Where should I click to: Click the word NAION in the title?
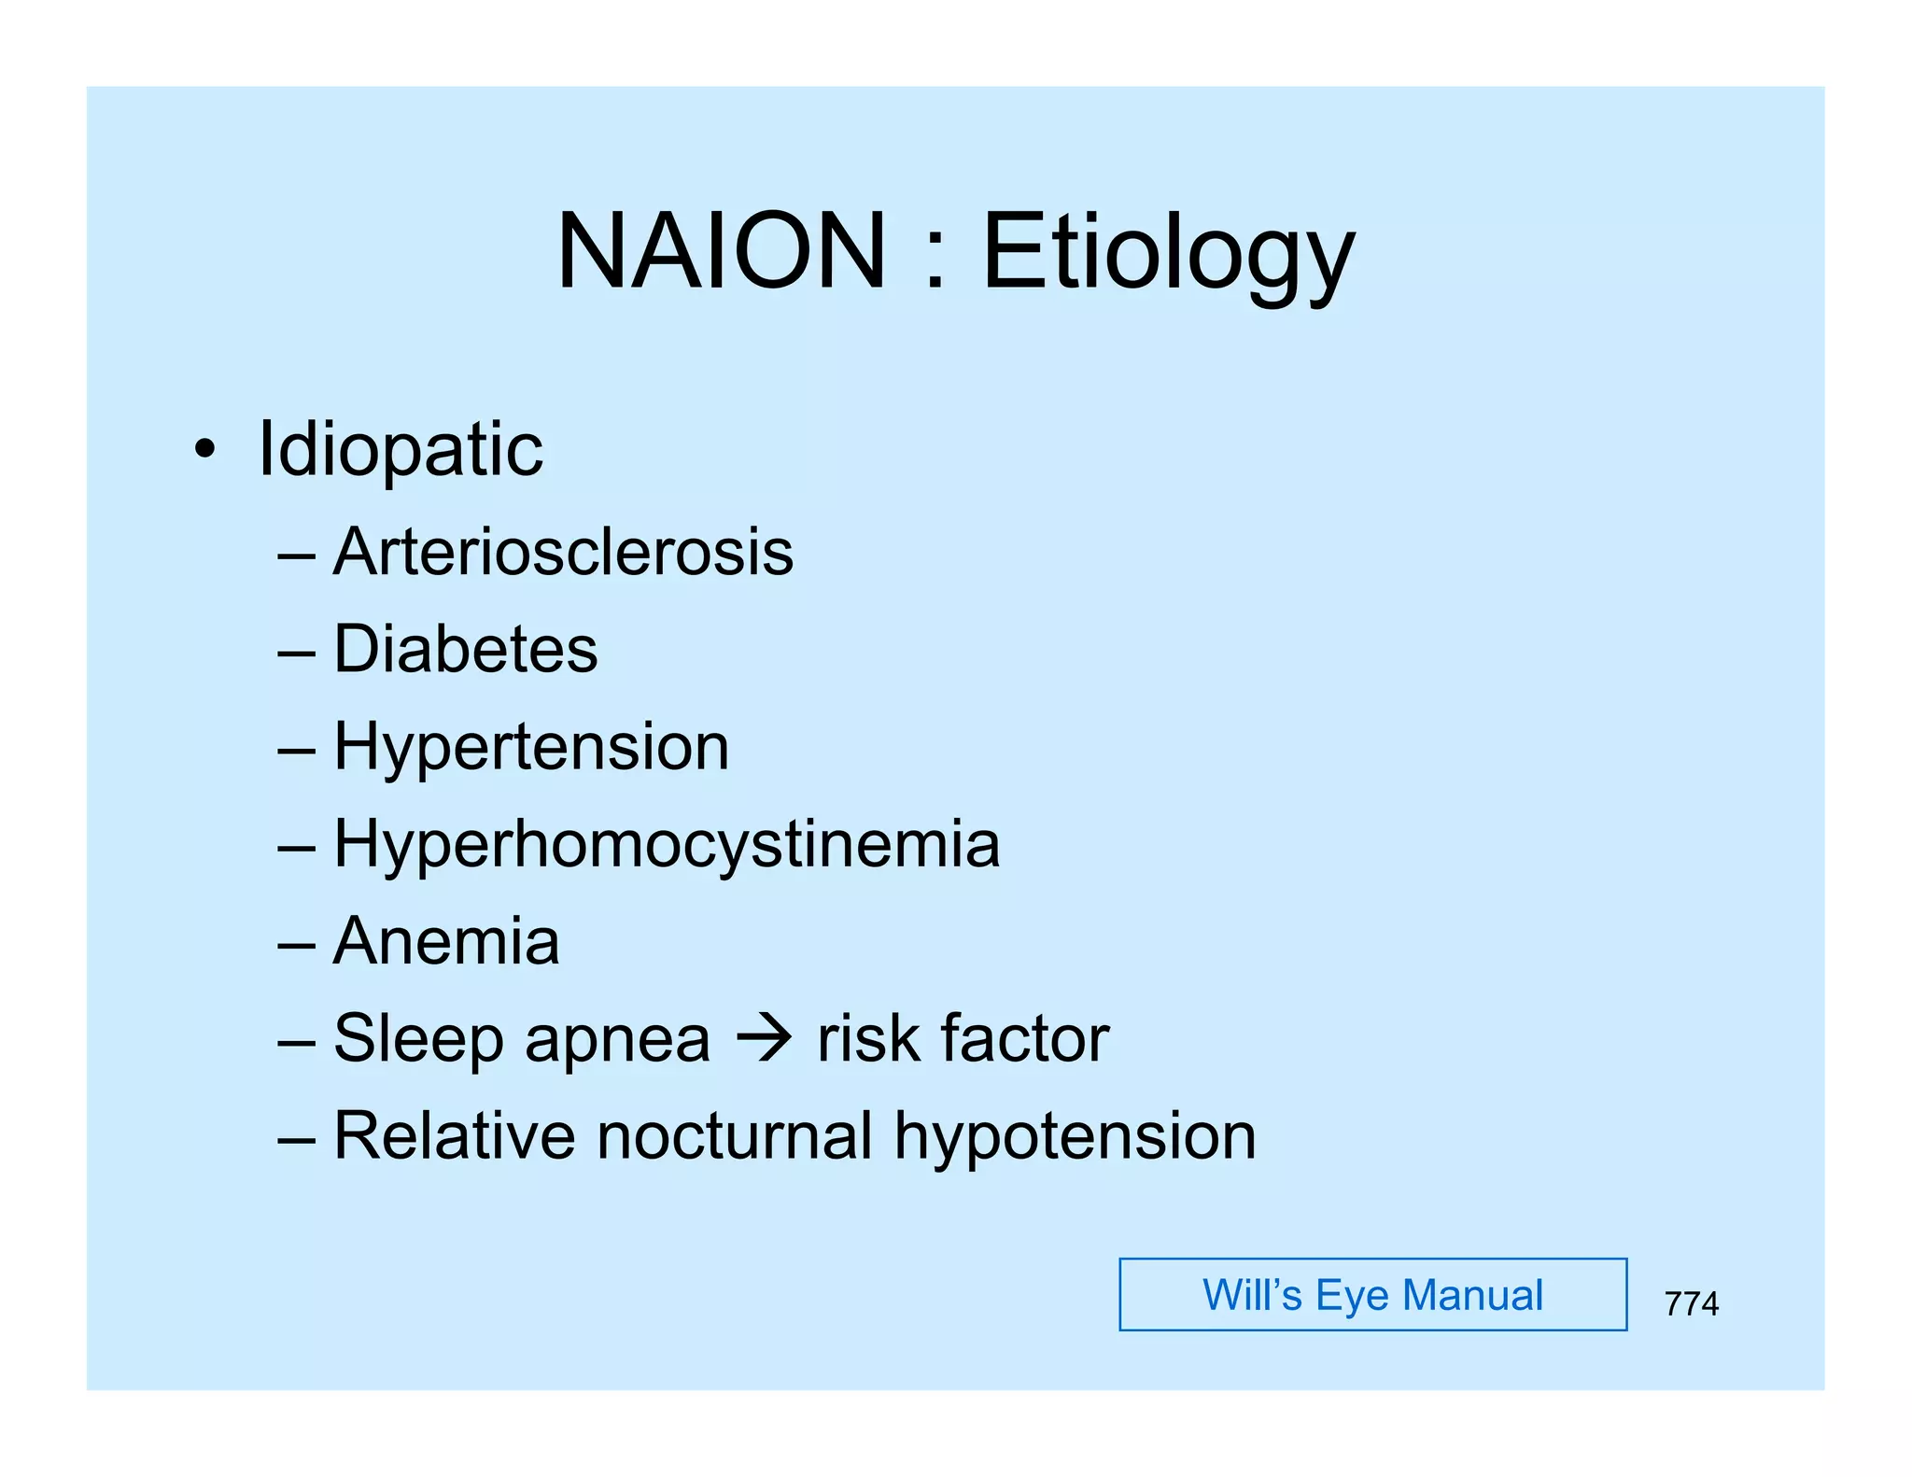[720, 251]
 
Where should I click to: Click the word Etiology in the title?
[1168, 254]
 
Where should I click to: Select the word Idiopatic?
[400, 451]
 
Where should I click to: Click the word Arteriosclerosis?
[563, 552]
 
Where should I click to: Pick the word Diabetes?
[465, 649]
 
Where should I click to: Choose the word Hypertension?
[531, 747]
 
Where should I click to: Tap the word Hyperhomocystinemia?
[667, 845]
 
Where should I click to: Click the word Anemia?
[446, 941]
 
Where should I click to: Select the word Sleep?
[418, 1039]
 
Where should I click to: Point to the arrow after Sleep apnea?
[764, 1038]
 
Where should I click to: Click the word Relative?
[454, 1136]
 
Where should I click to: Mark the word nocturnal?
[735, 1136]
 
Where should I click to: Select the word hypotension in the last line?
[1075, 1138]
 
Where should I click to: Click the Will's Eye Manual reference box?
[1372, 1295]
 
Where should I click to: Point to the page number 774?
[1691, 1303]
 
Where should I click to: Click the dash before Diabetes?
[296, 652]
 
